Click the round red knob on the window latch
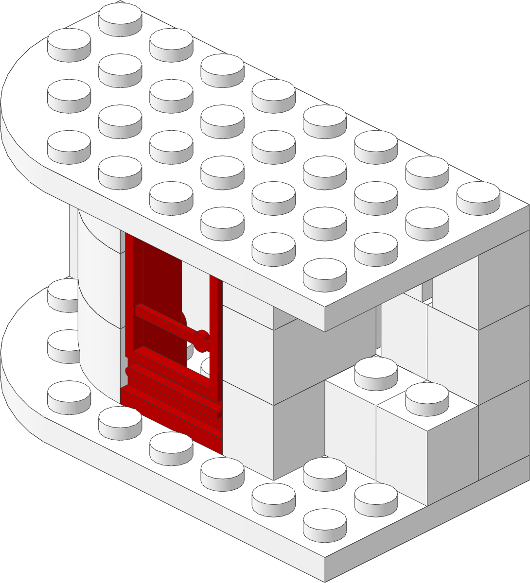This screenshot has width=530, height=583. pos(202,338)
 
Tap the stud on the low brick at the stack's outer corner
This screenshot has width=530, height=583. pos(427,394)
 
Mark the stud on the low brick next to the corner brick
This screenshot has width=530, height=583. pos(376,369)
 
